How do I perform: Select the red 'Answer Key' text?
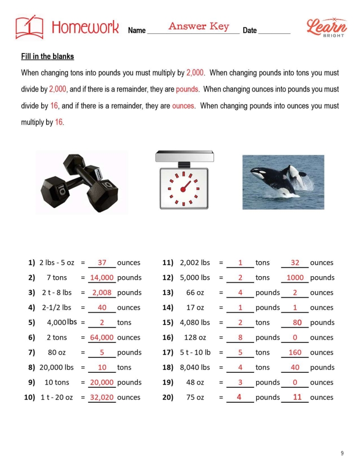click(199, 26)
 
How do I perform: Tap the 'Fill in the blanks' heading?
click(47, 57)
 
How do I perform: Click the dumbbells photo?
click(81, 182)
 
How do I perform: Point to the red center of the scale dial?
click(183, 189)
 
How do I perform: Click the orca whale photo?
click(283, 182)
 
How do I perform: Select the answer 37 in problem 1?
click(102, 263)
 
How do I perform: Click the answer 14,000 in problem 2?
click(102, 278)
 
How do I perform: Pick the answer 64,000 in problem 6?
click(102, 338)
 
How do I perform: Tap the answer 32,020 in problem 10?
click(102, 398)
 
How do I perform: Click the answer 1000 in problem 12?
click(295, 278)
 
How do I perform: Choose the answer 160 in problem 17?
click(295, 353)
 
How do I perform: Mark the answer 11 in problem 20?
click(297, 397)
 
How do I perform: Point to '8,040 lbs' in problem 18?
click(195, 368)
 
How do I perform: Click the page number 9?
click(342, 453)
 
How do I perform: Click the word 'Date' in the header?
click(249, 30)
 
